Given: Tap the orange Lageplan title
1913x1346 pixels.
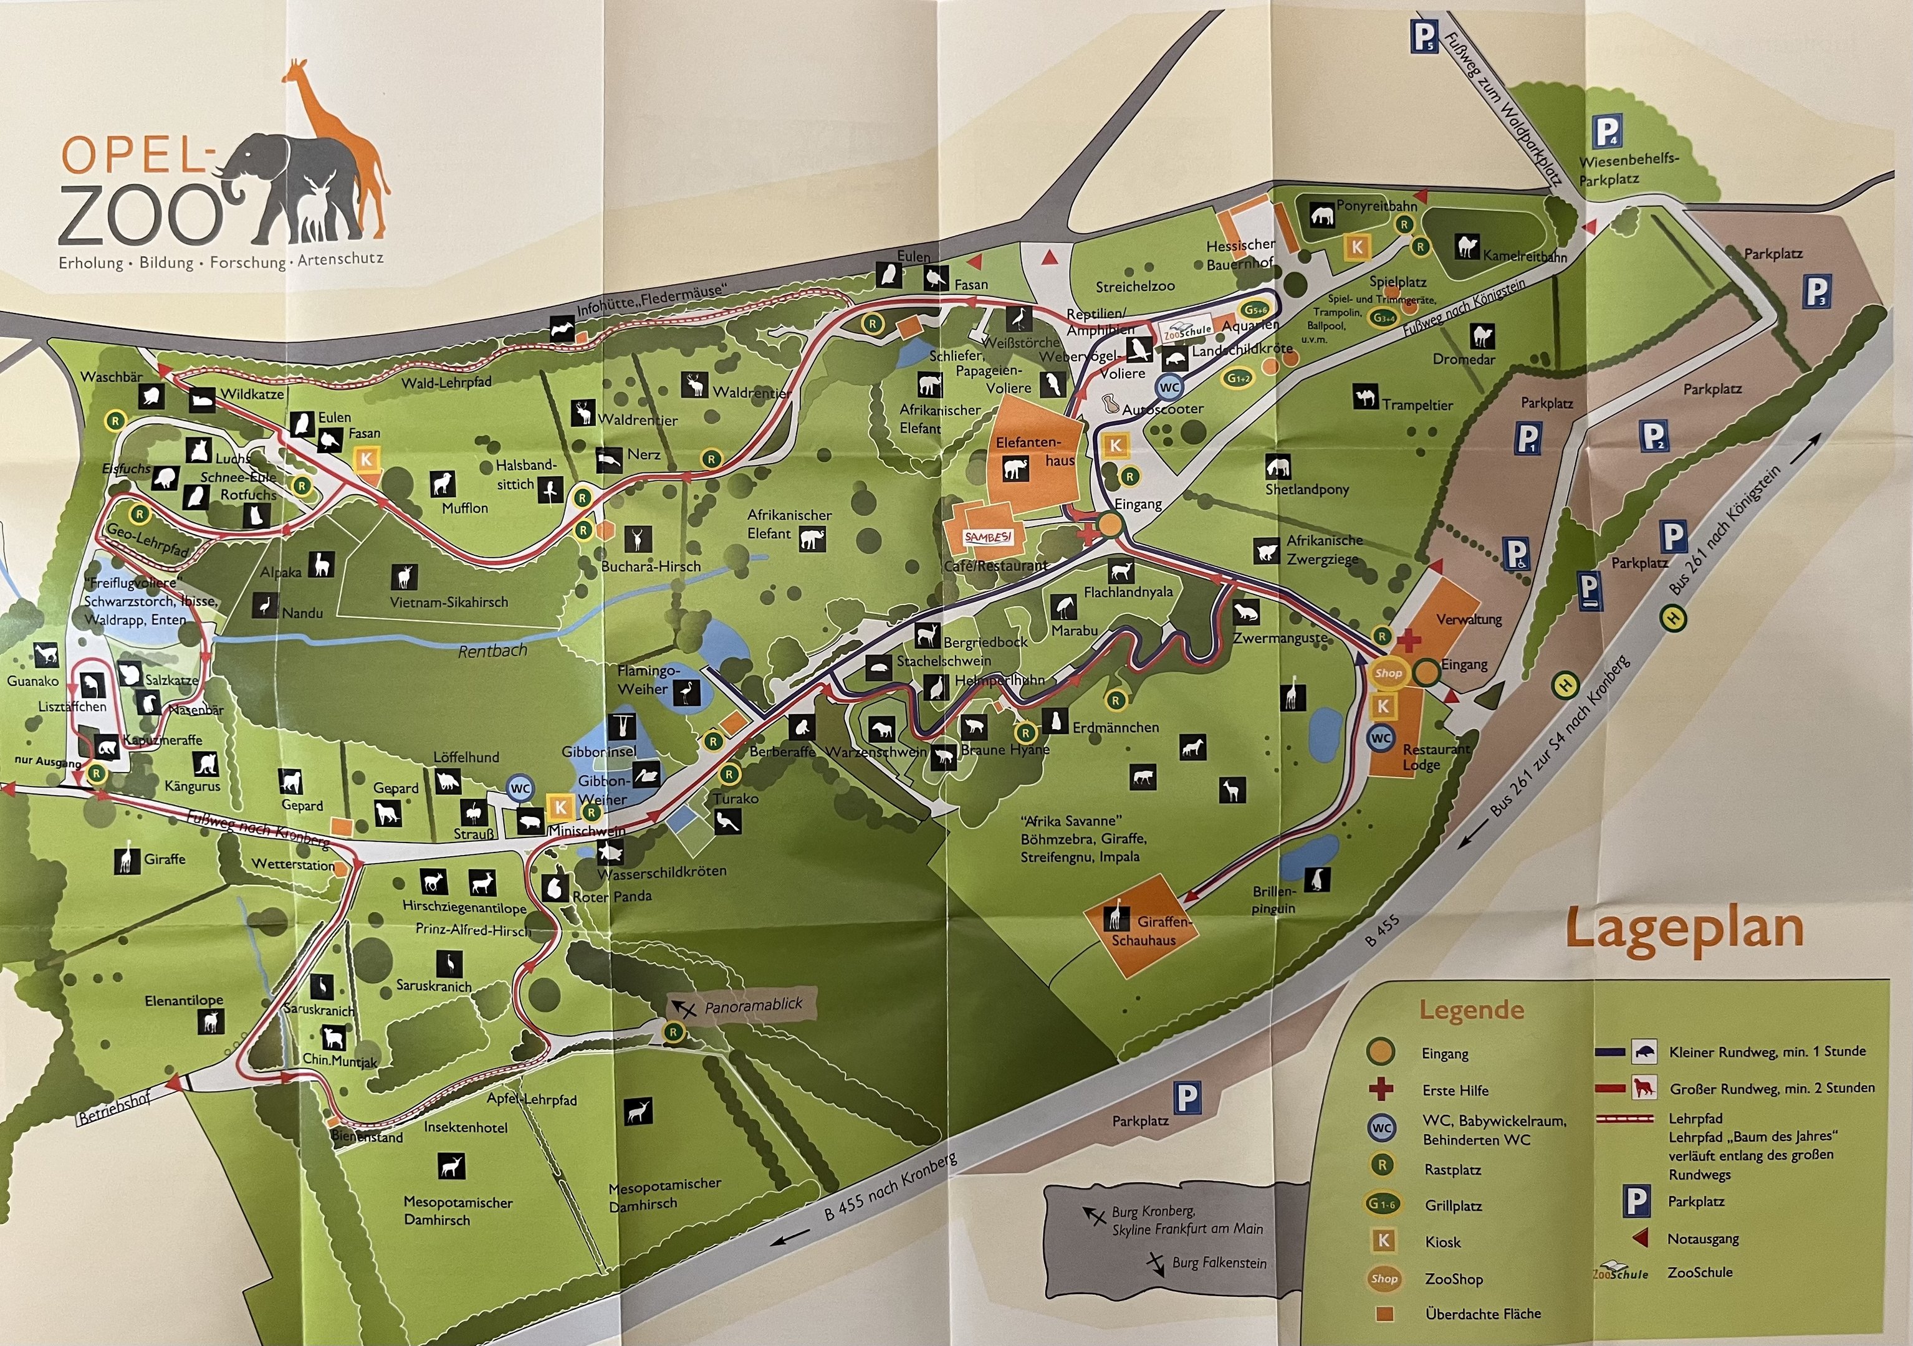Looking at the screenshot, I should [1684, 928].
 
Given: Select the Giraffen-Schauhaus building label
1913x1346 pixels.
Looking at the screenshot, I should [1154, 931].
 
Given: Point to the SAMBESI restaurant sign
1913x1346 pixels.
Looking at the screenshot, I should [988, 537].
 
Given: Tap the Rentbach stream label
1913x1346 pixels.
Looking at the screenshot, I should [492, 651].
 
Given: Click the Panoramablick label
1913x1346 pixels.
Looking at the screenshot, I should [752, 1006].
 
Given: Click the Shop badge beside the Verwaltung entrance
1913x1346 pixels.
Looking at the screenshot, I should [1388, 673].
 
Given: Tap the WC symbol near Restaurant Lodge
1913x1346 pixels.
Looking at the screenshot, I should [1381, 738].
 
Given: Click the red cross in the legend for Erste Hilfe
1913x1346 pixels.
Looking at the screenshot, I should [1381, 1089].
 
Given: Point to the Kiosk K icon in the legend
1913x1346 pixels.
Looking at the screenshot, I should [1383, 1241].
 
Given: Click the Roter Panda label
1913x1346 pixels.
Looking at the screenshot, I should [611, 896].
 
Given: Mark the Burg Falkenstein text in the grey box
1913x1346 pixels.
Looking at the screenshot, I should [1218, 1262].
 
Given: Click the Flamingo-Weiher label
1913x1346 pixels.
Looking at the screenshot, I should [648, 680].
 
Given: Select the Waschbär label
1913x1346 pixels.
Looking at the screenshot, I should [111, 376].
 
